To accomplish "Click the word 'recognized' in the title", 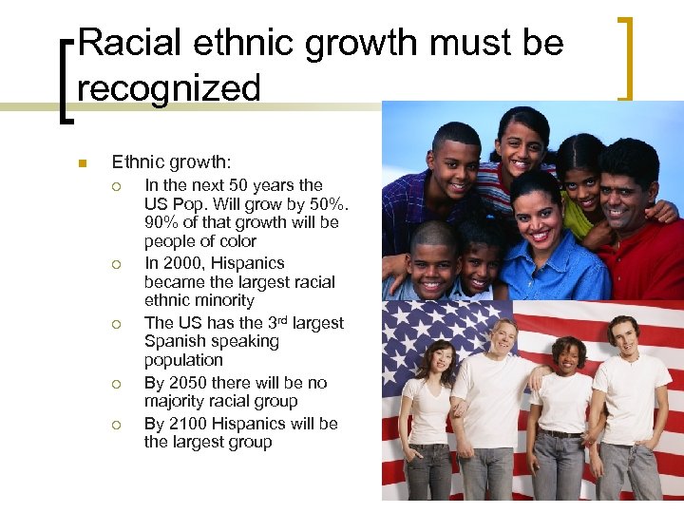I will click(168, 88).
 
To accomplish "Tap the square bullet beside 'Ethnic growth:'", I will click(83, 163).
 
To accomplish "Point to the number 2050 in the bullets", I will click(188, 383).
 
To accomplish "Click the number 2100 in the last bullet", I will click(188, 424).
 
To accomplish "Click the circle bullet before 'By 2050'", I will click(117, 384).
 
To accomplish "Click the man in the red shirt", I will click(636, 237).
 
